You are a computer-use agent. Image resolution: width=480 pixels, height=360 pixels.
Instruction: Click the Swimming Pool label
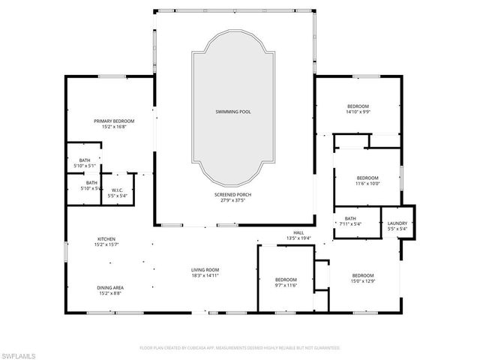click(234, 112)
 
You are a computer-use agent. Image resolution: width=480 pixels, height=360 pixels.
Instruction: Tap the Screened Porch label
click(234, 194)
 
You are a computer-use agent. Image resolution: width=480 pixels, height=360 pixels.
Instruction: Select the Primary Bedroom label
click(114, 121)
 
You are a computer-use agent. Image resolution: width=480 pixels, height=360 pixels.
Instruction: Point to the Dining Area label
click(109, 287)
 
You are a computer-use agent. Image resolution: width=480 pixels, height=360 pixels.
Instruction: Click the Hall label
click(298, 232)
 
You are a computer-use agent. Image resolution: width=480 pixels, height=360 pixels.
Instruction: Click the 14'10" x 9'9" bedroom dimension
click(358, 112)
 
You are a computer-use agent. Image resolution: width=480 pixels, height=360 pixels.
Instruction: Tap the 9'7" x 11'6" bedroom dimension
click(286, 285)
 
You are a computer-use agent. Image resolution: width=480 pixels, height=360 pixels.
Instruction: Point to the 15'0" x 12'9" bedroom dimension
click(363, 280)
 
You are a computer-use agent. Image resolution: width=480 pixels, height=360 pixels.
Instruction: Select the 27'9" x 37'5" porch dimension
click(234, 200)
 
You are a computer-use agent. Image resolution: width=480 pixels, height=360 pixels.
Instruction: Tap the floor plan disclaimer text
click(240, 348)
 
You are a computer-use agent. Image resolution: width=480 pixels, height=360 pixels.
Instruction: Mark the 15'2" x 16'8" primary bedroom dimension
click(114, 127)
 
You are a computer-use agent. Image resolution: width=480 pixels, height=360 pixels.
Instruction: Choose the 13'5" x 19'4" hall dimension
click(298, 238)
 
